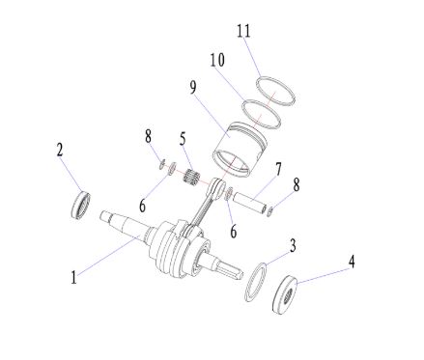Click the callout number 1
point(74,277)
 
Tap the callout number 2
point(60,150)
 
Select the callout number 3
point(293,245)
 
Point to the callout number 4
point(352,262)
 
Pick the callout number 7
point(278,169)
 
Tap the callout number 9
point(192,88)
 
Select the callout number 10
point(217,60)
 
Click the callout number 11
point(243,31)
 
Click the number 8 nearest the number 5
point(148,136)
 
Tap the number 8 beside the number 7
point(296,184)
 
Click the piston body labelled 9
point(240,151)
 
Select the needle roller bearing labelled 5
point(193,176)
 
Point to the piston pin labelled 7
point(249,202)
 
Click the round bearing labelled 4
point(285,294)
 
